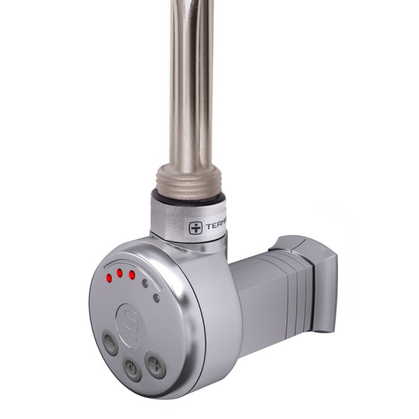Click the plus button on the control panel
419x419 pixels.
(155, 363)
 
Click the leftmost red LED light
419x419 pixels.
(109, 279)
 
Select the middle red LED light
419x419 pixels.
(120, 273)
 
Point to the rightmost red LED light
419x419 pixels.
(132, 274)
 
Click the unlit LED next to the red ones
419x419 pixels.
(145, 284)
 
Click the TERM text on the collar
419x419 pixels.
(216, 226)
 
